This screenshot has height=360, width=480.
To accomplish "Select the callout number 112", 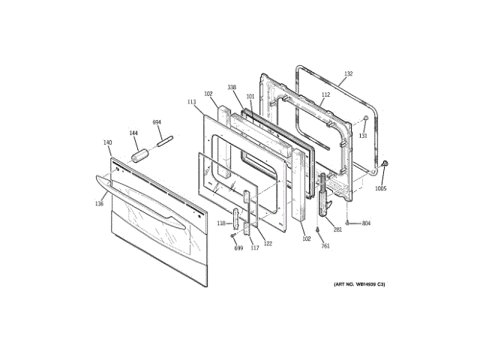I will [x=325, y=95].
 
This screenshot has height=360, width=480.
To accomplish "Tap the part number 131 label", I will [x=362, y=136].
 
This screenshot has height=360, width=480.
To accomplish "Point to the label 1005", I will [x=381, y=188].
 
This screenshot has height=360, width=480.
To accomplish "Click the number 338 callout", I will [x=232, y=88].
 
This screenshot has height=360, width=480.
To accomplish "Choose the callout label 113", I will [x=191, y=102].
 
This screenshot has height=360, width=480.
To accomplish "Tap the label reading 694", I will [x=157, y=122].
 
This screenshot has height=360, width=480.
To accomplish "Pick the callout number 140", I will [x=107, y=142].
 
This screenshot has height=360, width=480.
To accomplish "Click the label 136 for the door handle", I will [x=99, y=203].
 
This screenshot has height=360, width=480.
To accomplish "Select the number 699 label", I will [x=238, y=247].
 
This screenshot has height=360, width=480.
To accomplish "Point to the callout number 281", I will [x=337, y=229].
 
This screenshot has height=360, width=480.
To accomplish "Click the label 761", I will [x=325, y=245].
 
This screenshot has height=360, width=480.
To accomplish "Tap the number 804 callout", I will [x=366, y=223].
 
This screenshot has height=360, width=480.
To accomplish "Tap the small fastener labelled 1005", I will [x=385, y=164].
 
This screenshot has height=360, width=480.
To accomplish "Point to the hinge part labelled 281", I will [x=323, y=193].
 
